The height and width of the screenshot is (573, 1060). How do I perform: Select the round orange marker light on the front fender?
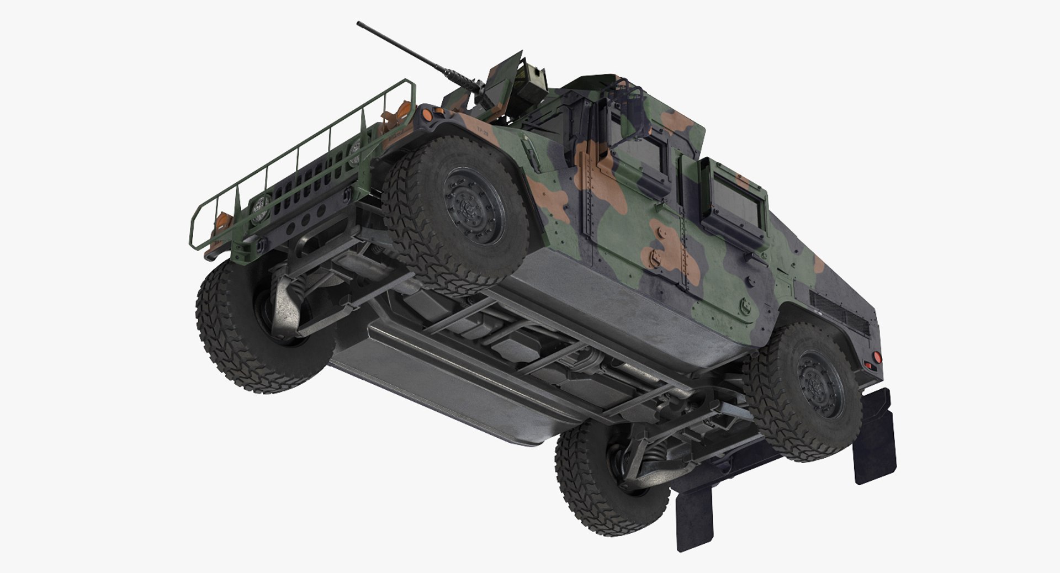point(427,114)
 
